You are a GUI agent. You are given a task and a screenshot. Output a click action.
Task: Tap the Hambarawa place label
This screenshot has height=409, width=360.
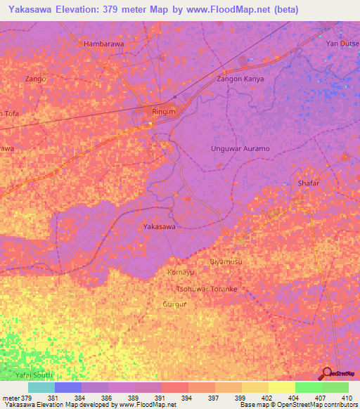pos(104,44)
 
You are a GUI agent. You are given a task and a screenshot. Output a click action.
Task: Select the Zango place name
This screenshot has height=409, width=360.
pos(34,79)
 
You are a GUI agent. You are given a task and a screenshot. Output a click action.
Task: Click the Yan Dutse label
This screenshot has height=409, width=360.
pos(342,44)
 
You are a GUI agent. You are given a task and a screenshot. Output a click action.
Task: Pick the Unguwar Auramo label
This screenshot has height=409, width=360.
pos(240,149)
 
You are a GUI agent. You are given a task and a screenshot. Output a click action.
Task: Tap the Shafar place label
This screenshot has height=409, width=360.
pos(308,183)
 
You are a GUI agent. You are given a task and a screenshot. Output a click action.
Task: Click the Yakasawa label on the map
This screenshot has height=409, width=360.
pos(160,227)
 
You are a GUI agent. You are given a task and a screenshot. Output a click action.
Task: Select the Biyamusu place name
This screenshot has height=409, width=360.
pos(226,261)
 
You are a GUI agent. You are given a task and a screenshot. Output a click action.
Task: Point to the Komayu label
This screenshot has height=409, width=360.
pos(181,272)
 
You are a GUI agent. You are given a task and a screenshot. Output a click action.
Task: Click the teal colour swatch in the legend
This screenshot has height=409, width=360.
pos(41,387)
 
